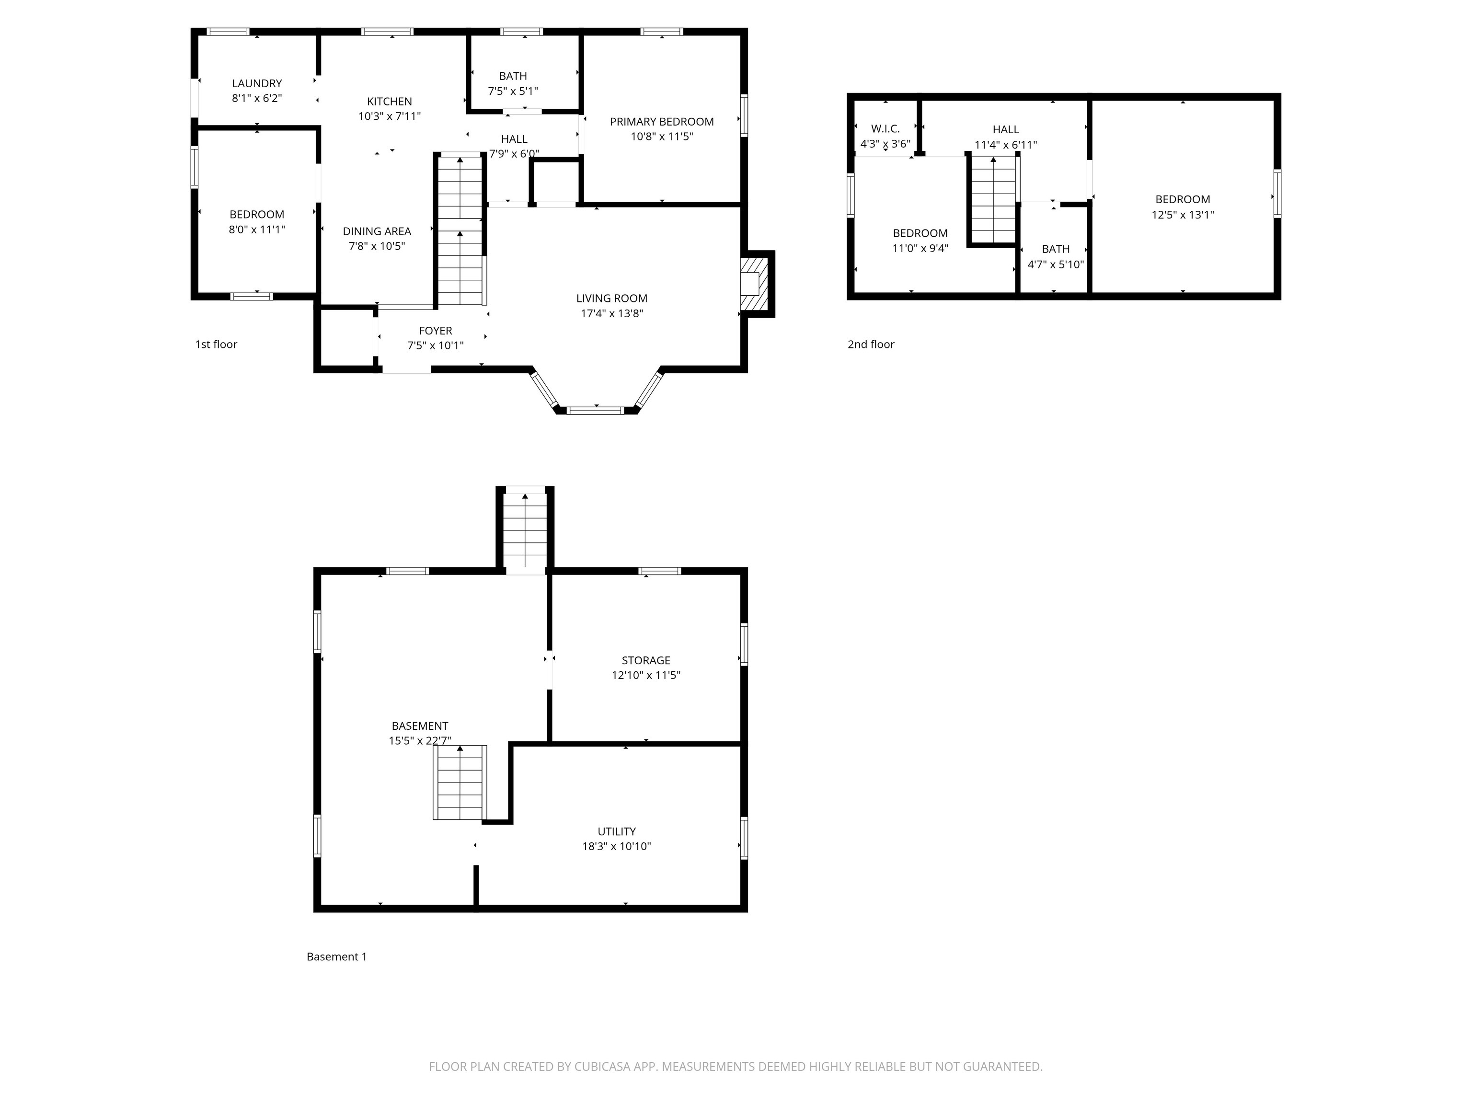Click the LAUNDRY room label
coord(257,83)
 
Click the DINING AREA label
coord(377,231)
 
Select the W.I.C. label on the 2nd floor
coord(885,128)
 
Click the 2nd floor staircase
coord(993,200)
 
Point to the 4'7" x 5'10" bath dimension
coord(1056,264)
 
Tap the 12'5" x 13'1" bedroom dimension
coord(1183,214)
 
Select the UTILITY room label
coord(616,831)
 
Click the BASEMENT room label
coord(420,726)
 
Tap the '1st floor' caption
coord(216,344)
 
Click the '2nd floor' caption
coord(871,344)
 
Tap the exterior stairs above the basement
coord(525,530)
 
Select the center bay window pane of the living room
coord(596,410)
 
